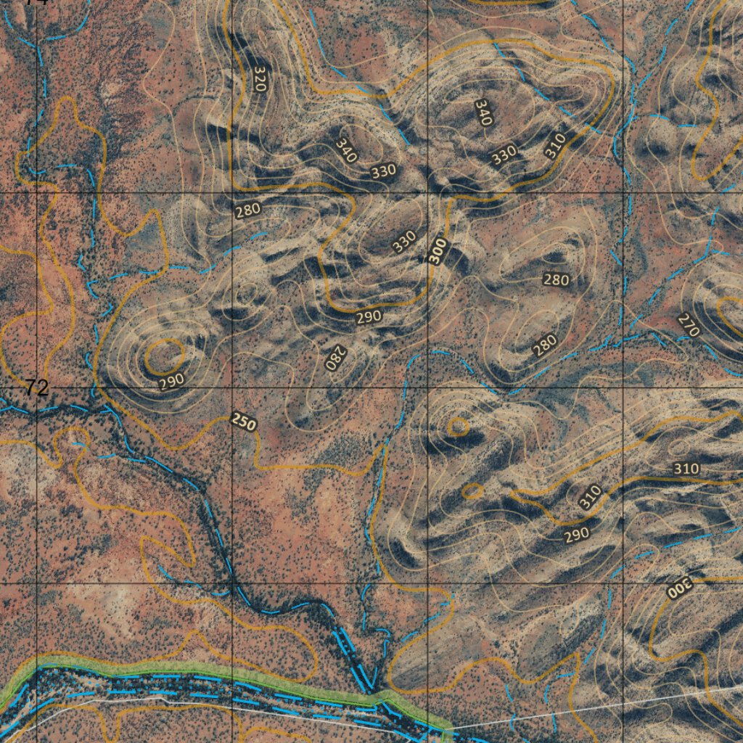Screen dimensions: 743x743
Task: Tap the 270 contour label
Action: pos(688,325)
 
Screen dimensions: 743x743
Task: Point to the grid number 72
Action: pos(35,388)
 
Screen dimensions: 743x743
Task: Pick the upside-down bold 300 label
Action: pos(680,587)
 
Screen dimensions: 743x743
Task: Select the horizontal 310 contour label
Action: pos(686,469)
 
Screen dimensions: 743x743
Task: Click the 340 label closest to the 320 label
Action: pos(346,149)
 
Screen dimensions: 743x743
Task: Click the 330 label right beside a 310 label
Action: pos(504,154)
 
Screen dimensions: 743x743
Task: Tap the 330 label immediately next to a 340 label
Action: pos(383,171)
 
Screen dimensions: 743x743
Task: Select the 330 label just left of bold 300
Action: pos(404,241)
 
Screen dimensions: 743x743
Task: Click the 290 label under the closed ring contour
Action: pos(171,379)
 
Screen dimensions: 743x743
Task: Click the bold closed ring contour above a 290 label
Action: pos(164,356)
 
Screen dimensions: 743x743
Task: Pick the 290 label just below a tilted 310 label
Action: pos(577,534)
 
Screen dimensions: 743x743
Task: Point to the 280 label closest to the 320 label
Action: pos(247,210)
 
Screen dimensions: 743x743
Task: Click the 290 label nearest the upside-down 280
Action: pos(369,317)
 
